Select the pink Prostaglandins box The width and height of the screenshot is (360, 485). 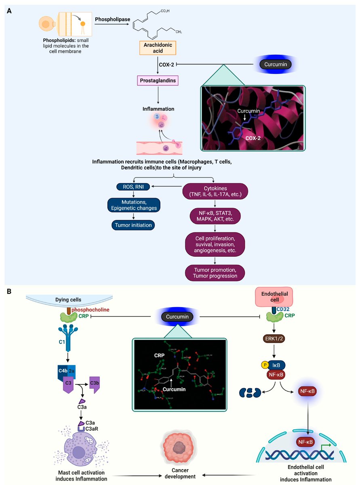coord(157,81)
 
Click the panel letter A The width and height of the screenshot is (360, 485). coord(9,11)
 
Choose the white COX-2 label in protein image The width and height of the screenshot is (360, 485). coord(254,137)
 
